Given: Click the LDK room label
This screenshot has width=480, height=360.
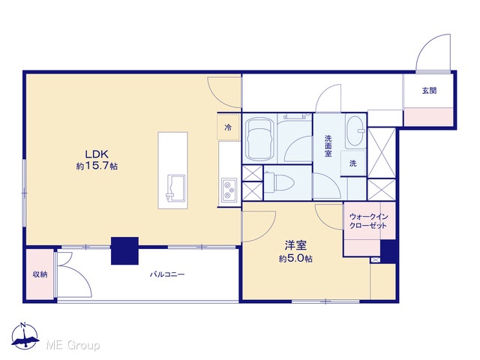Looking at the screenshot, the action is click(x=97, y=154).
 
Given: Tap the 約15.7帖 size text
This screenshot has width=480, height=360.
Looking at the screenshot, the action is click(x=97, y=166).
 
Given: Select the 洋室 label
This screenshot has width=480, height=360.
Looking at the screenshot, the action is click(x=295, y=245).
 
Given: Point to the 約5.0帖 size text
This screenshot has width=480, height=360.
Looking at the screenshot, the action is click(x=295, y=259).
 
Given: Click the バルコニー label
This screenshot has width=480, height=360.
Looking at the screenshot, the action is click(x=167, y=274).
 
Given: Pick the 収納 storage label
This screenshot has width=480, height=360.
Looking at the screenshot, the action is click(x=40, y=274).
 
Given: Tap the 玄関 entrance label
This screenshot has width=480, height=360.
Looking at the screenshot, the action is click(x=429, y=91).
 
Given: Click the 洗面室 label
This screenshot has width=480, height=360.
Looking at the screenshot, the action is click(x=328, y=146).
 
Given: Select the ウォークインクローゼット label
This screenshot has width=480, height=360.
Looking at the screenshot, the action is click(x=368, y=221).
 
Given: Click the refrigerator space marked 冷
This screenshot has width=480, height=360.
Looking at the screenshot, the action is click(x=228, y=127).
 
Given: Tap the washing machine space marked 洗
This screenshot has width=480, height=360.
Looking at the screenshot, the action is click(x=353, y=163).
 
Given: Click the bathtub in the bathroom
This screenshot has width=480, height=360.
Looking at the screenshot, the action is click(x=259, y=139).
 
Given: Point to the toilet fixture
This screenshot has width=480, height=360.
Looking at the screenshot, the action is click(x=279, y=182).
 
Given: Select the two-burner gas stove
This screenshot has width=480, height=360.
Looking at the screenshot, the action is click(x=229, y=190).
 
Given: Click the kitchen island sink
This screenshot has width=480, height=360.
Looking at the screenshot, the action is click(x=175, y=188).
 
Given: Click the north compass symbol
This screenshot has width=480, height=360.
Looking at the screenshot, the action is click(x=25, y=337).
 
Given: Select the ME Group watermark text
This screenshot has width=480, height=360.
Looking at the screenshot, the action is click(x=73, y=346).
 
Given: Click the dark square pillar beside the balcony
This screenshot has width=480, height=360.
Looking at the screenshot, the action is click(x=124, y=250).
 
